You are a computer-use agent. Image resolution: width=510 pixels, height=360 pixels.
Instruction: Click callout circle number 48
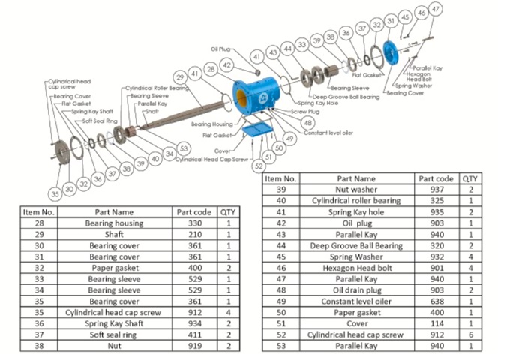coord(307,122)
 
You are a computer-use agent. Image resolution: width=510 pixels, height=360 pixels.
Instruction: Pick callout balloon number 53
coord(183,148)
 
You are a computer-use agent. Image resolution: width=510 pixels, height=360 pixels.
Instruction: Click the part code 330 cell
coord(194,223)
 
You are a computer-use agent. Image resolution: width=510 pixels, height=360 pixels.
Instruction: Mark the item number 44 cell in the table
coord(282,245)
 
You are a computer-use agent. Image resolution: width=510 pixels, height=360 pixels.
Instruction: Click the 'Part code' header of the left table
coord(194,212)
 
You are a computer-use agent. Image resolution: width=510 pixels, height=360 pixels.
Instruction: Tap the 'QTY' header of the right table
coord(470,179)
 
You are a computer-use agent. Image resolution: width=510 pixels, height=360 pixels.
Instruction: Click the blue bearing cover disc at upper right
coord(390,52)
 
